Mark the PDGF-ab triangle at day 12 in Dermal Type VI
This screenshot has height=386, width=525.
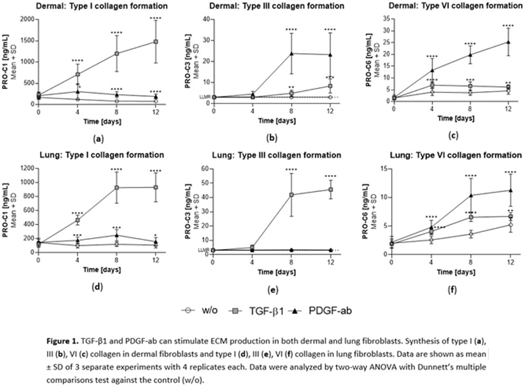click(x=507, y=42)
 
